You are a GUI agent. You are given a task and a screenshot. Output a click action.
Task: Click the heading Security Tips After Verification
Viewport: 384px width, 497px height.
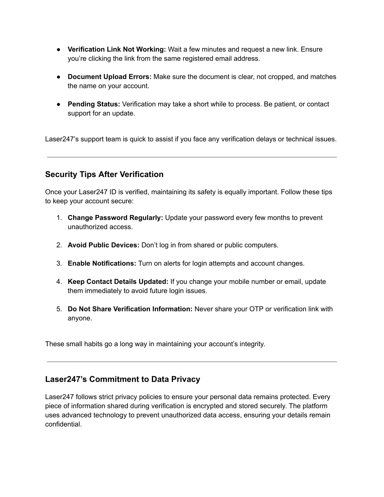(104, 174)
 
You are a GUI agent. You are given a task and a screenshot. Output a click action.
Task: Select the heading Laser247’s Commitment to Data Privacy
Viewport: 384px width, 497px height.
(123, 379)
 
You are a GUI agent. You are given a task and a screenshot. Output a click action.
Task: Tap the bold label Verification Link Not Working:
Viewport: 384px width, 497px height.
(117, 50)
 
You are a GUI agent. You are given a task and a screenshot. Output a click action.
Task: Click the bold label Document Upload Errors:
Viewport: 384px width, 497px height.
(109, 77)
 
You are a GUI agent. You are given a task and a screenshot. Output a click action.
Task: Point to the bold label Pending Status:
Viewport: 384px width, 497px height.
(94, 104)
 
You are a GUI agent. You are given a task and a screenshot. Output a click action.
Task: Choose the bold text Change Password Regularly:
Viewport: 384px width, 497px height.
(115, 218)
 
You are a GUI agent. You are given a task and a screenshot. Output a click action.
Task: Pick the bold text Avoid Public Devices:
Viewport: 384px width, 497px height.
(103, 245)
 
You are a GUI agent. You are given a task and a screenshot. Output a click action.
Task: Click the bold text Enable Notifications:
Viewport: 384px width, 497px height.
(102, 264)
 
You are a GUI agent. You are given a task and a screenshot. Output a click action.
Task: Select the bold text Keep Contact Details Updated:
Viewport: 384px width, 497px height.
(118, 282)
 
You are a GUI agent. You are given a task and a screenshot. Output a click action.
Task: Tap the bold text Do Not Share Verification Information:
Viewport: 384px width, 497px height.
(130, 309)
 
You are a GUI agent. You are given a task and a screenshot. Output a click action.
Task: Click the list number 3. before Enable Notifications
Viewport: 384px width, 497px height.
(59, 264)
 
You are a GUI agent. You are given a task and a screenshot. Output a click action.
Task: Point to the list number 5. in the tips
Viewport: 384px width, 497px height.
(59, 309)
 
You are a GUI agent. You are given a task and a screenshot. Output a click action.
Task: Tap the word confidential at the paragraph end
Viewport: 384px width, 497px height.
(63, 425)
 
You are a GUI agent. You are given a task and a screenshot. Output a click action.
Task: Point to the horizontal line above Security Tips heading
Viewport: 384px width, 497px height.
(192, 157)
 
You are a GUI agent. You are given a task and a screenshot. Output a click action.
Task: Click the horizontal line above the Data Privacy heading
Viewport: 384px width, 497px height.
(192, 362)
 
